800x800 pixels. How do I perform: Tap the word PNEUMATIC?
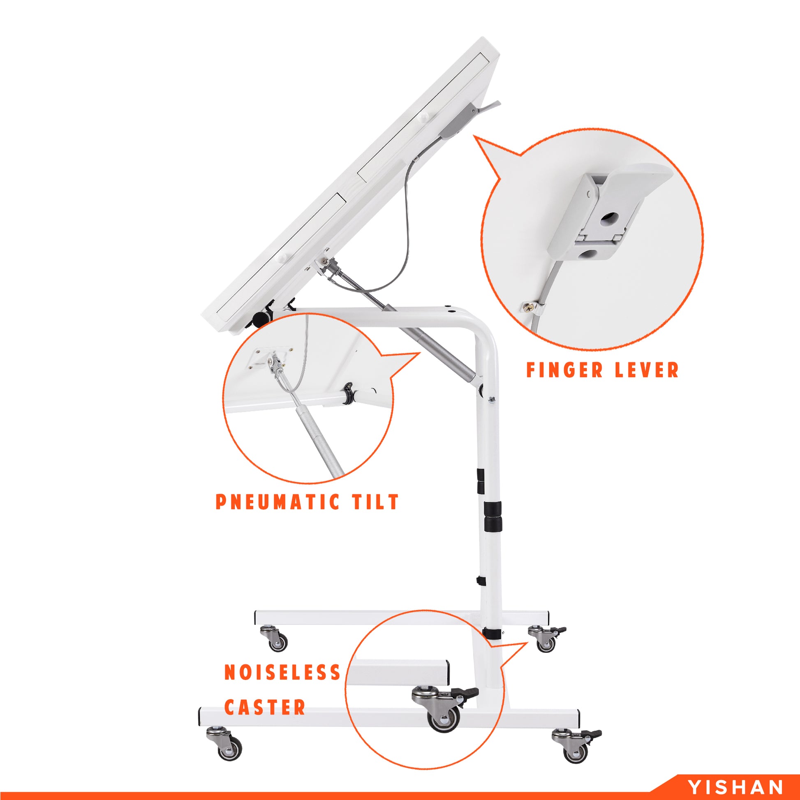[272, 502]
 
